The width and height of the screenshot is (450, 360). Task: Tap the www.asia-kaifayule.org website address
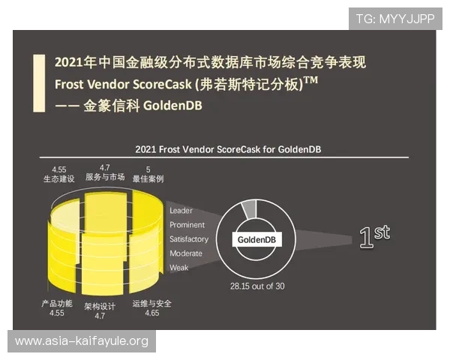click(x=81, y=341)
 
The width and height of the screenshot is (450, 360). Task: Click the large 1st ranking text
click(x=373, y=238)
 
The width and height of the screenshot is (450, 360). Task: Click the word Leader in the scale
click(x=181, y=211)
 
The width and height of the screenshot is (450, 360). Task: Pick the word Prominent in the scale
click(x=187, y=225)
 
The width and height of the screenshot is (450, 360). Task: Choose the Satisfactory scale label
click(x=189, y=239)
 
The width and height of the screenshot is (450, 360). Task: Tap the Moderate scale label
click(x=186, y=253)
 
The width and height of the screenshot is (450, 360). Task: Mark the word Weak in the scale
click(x=179, y=267)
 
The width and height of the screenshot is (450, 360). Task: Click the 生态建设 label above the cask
click(x=59, y=180)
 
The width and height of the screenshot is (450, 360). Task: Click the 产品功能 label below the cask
click(x=57, y=304)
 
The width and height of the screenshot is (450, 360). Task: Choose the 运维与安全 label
click(x=152, y=304)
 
